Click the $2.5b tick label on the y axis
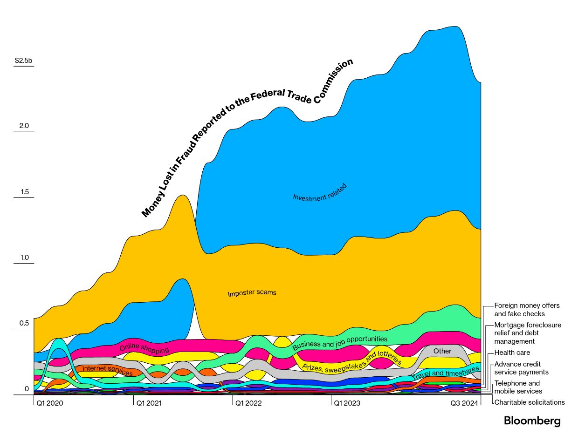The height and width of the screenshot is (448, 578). (23, 61)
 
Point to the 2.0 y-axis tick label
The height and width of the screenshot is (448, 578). (24, 126)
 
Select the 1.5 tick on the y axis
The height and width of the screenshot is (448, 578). (24, 192)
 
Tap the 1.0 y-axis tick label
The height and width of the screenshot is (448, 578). (24, 258)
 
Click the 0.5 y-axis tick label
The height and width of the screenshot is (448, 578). (24, 323)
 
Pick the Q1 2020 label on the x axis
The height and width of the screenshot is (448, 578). (50, 403)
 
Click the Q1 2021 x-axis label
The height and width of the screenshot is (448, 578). (149, 403)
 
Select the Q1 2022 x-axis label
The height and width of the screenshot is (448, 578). (248, 403)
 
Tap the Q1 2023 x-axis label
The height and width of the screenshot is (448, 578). (347, 403)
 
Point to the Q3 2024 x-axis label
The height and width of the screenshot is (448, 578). (464, 403)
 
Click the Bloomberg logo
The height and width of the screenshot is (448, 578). (532, 421)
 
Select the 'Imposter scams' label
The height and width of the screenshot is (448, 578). (252, 293)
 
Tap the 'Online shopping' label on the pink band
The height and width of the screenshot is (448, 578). (144, 348)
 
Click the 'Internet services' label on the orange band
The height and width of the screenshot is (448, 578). (107, 370)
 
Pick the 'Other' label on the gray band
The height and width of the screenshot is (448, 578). (442, 351)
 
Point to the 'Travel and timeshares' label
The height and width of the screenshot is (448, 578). (445, 372)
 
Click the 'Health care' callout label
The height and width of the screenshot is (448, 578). (512, 353)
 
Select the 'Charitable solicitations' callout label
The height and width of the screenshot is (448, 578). (529, 402)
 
